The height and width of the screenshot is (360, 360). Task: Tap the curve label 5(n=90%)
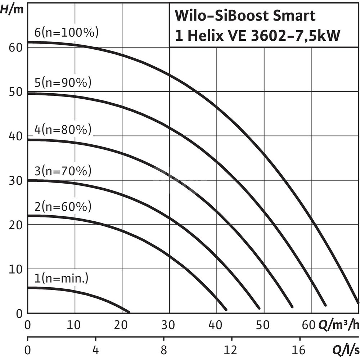click(63, 83)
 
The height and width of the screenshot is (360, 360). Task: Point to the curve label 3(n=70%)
click(63, 171)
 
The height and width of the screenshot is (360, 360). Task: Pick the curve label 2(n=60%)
click(63, 207)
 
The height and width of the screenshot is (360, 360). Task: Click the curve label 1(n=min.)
click(61, 278)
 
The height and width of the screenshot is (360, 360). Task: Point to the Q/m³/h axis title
click(338, 325)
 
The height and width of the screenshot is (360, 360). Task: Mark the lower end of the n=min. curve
click(129, 311)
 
